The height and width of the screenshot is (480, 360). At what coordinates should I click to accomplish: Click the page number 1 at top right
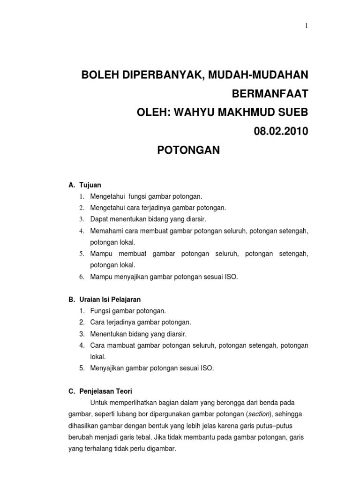pyautogui.click(x=307, y=26)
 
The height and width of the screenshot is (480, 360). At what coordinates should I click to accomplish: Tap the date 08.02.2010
pyautogui.click(x=281, y=131)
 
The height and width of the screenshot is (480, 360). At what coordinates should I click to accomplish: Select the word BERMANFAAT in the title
pyautogui.click(x=270, y=94)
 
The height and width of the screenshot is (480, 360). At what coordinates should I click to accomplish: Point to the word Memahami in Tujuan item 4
pyautogui.click(x=106, y=231)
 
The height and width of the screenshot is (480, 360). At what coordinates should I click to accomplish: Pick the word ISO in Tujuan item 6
pyautogui.click(x=231, y=277)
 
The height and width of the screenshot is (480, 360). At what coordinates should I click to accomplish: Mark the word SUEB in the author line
pyautogui.click(x=293, y=112)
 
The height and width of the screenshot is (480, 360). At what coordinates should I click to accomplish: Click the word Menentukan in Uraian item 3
pyautogui.click(x=108, y=334)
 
